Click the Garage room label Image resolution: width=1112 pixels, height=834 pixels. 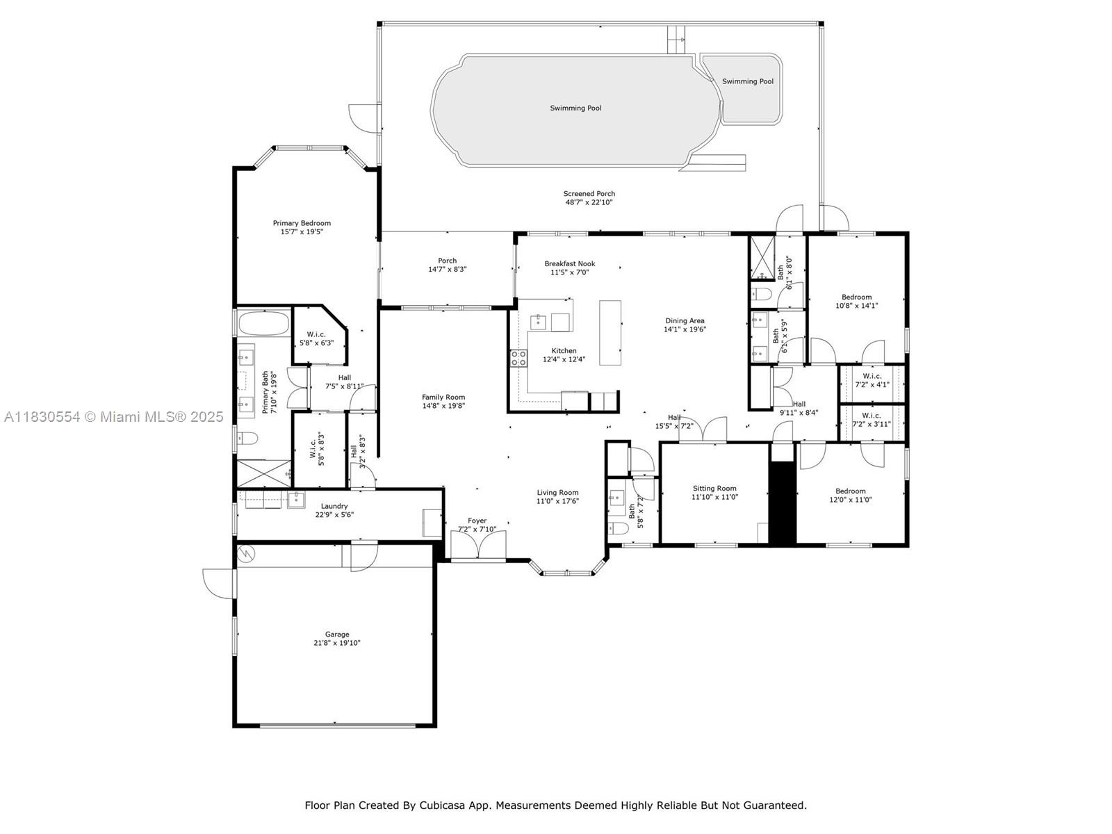click(x=337, y=634)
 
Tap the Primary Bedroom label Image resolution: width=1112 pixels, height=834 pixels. click(x=302, y=223)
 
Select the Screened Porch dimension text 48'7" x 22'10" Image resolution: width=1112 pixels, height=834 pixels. click(x=589, y=202)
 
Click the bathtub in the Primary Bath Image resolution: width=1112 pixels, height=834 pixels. click(x=263, y=323)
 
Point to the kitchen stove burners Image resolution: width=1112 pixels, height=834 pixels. click(x=518, y=358)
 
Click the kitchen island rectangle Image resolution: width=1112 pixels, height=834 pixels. click(x=610, y=333)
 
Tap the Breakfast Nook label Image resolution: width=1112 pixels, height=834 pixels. click(x=570, y=263)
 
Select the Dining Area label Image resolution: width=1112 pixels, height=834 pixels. click(x=685, y=320)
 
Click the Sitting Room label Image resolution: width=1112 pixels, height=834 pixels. click(x=714, y=488)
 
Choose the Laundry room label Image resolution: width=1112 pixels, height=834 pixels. click(x=334, y=506)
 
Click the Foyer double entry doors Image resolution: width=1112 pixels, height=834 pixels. click(x=477, y=545)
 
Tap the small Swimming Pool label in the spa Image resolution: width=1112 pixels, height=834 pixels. click(x=748, y=81)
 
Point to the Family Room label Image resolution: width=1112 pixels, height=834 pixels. click(x=443, y=397)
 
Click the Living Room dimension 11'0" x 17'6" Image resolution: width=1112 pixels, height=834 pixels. click(x=557, y=501)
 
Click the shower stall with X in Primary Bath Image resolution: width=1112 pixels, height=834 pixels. click(x=263, y=474)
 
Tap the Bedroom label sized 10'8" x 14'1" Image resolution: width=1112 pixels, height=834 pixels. click(x=857, y=297)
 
